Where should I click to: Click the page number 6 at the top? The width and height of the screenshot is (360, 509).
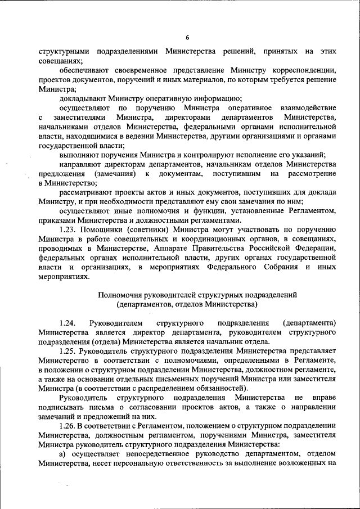point(187,38)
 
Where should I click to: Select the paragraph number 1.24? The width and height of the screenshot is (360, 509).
point(67,324)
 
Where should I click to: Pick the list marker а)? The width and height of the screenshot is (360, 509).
point(64,453)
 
